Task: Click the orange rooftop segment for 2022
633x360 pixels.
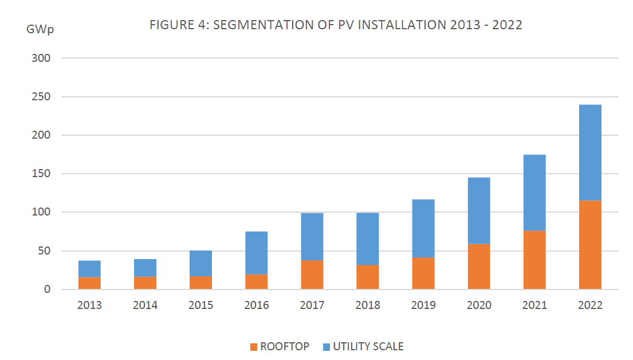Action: [590, 245]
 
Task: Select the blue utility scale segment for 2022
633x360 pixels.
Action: [590, 152]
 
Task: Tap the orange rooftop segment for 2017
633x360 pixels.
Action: [312, 275]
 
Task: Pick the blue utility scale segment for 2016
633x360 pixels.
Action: [256, 253]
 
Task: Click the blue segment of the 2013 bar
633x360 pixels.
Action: [89, 269]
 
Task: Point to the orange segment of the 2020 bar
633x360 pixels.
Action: [479, 267]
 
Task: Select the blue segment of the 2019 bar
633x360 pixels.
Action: [423, 228]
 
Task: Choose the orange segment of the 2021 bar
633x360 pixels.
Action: [534, 260]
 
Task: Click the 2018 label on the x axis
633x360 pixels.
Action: [367, 306]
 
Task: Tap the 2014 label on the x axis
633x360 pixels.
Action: [145, 306]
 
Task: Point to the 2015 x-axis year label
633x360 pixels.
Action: [200, 306]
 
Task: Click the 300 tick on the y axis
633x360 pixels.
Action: [42, 58]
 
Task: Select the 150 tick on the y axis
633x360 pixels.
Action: [42, 174]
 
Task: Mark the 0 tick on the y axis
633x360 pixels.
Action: [48, 289]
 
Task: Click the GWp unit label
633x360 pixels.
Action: [40, 30]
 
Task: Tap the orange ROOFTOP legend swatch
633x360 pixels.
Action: [254, 347]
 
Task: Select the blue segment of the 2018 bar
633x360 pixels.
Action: [367, 238]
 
